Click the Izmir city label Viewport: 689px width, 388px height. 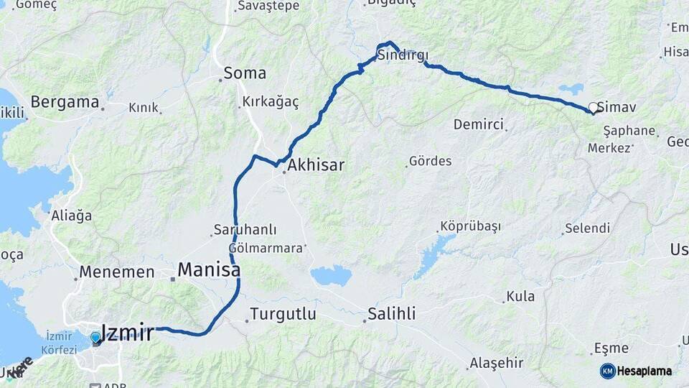[x=128, y=333]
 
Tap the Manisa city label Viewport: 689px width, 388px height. [x=208, y=270]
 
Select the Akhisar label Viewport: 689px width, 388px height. [x=316, y=166]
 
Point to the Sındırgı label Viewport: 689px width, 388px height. [x=403, y=56]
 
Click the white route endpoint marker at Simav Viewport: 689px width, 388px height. [x=594, y=108]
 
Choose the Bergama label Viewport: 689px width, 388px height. [x=64, y=102]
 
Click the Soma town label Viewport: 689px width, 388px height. [x=245, y=73]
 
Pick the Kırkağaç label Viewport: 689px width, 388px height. [x=271, y=102]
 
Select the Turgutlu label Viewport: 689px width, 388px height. [x=283, y=314]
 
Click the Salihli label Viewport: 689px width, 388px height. [x=391, y=314]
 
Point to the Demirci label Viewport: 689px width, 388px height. [x=479, y=125]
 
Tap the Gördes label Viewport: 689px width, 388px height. [x=430, y=161]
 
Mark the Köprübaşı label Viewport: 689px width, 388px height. [x=470, y=226]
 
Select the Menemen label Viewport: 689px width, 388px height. [x=117, y=272]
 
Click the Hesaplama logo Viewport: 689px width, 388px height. [x=636, y=371]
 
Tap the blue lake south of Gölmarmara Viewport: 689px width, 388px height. [x=332, y=274]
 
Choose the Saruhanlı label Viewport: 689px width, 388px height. [x=245, y=231]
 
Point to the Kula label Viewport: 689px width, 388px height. [x=520, y=296]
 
